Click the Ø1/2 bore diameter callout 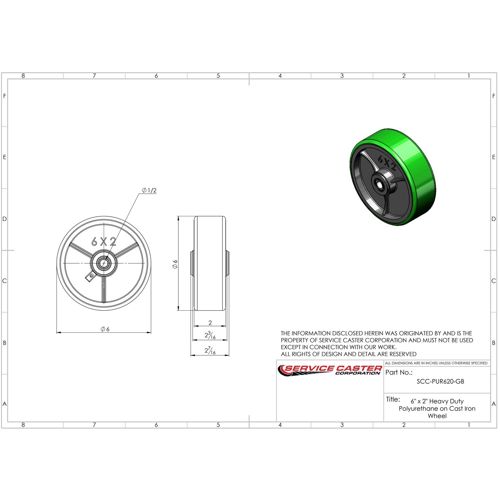point(149,190)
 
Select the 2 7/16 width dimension point(210,350)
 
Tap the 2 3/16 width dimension point(210,335)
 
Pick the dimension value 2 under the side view point(210,322)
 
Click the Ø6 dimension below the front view point(105,329)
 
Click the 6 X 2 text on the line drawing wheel point(104,242)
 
